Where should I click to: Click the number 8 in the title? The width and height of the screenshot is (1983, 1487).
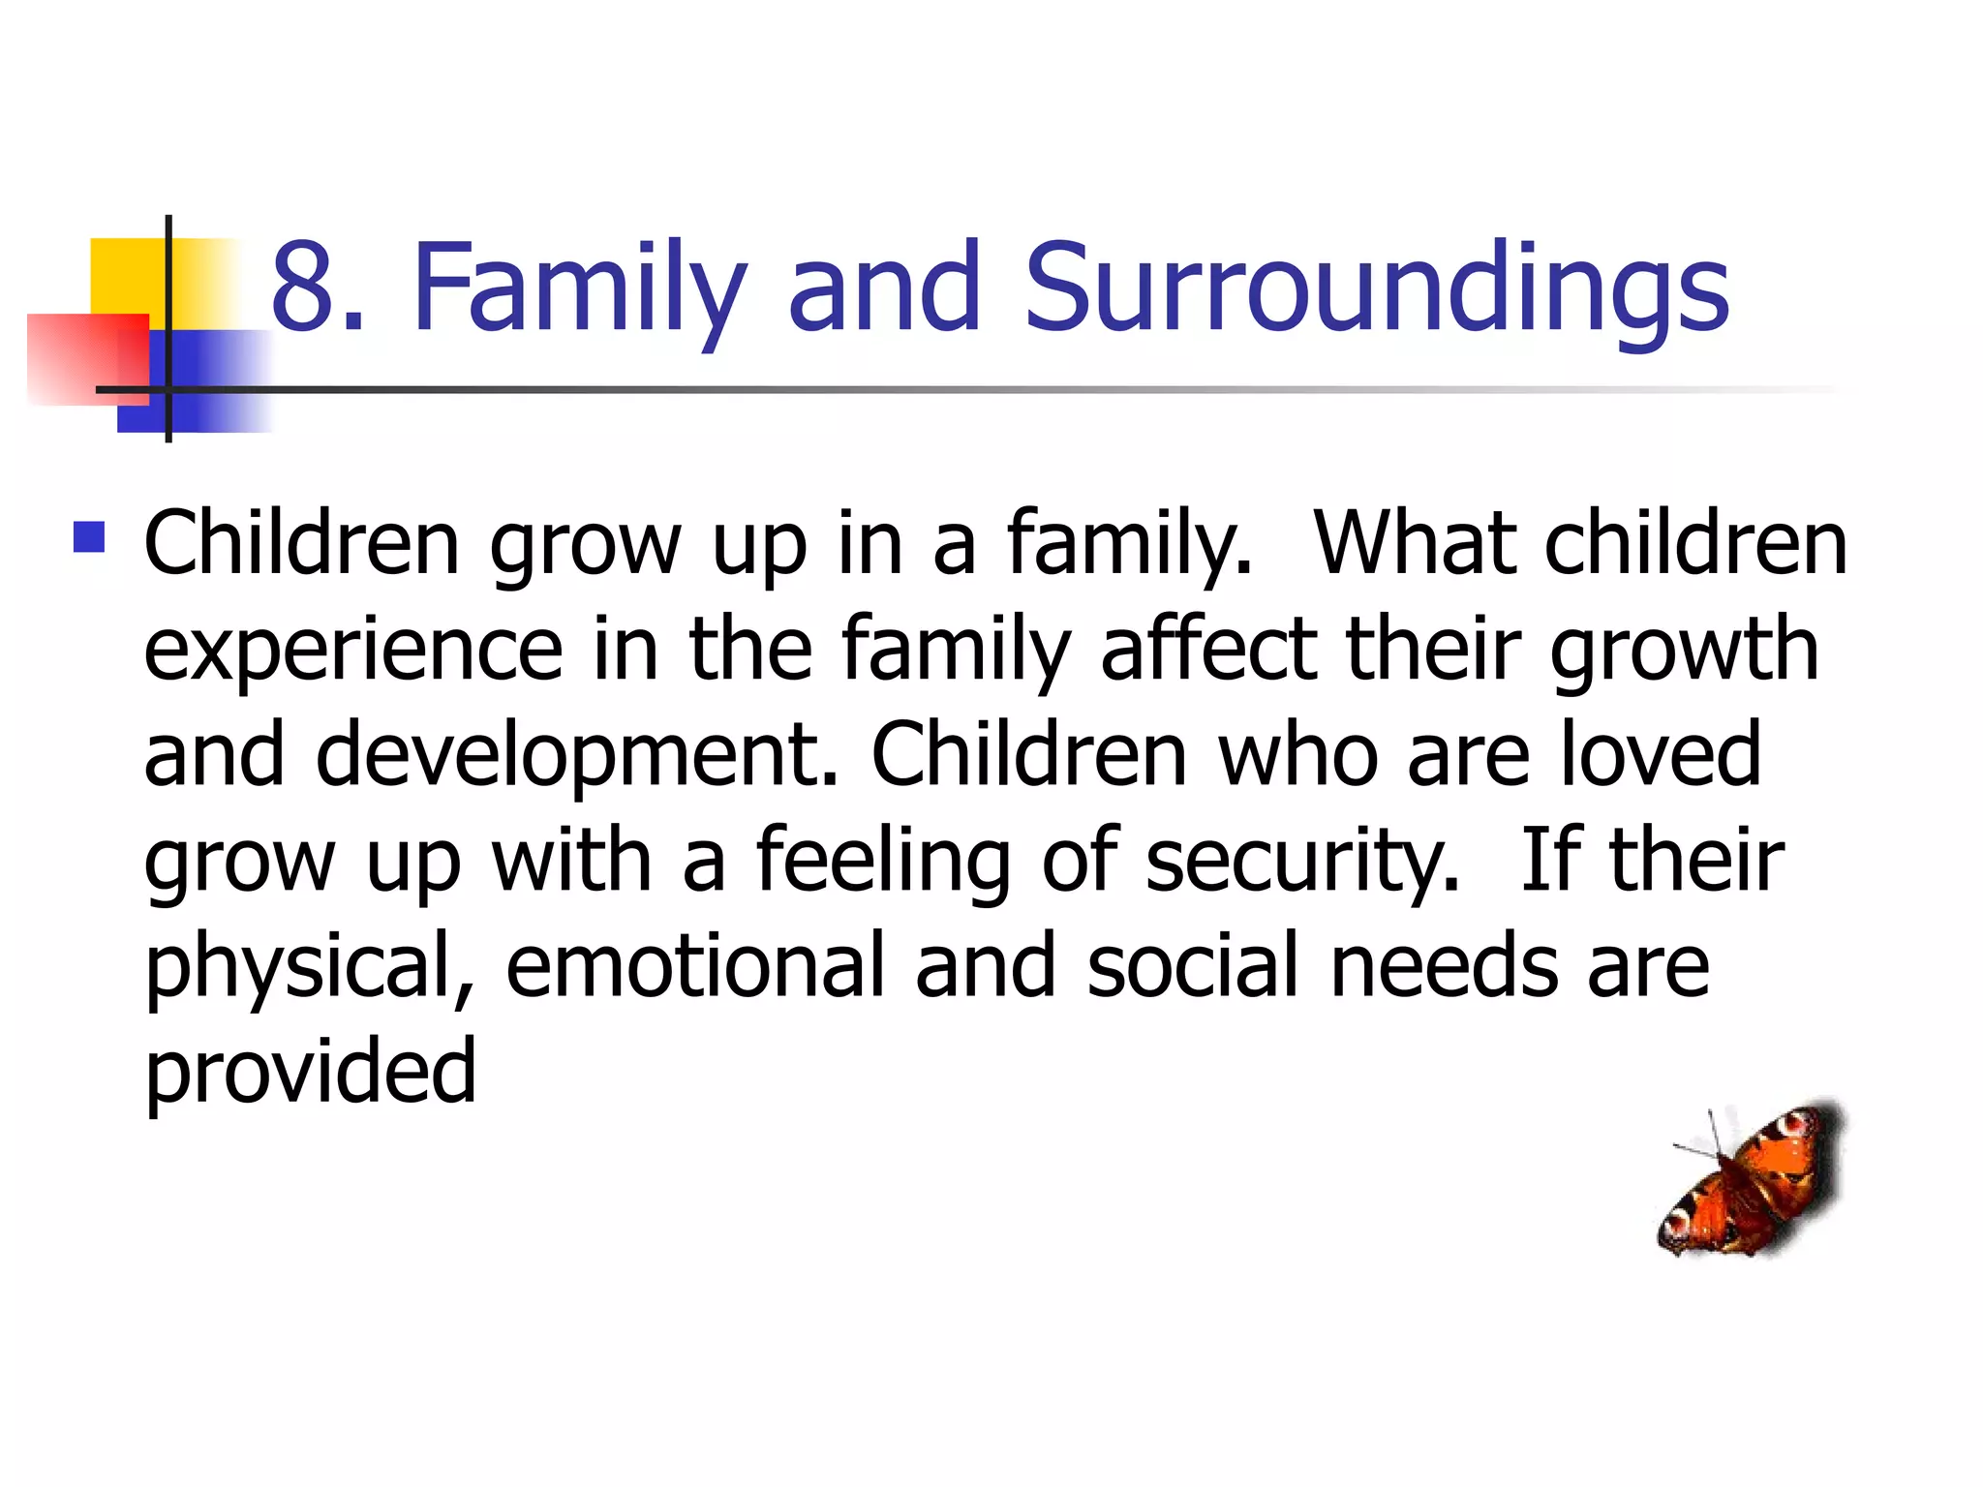click(305, 288)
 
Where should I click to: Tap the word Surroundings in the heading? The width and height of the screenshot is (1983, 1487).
click(1376, 288)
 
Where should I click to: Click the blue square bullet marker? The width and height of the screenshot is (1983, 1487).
click(89, 536)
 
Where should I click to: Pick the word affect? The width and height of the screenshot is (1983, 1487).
click(1209, 649)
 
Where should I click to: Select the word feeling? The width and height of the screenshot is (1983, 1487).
click(882, 862)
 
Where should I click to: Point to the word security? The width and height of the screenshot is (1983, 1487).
click(1302, 862)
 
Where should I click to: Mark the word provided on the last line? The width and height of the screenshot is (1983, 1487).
click(310, 1073)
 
